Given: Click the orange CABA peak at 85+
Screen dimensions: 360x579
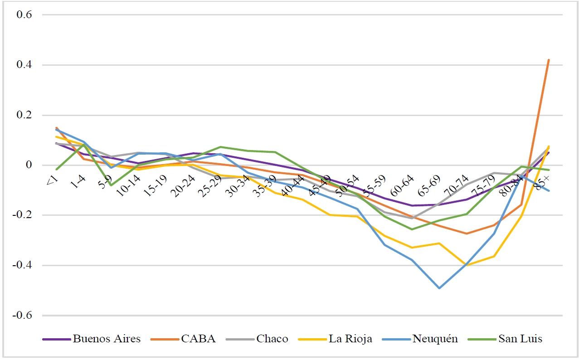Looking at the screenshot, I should tap(549, 59).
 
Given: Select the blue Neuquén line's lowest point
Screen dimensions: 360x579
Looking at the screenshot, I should tap(439, 288).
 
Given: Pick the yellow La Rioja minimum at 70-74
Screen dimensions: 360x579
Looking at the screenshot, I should tap(466, 266).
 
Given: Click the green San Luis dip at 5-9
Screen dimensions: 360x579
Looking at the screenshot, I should tap(111, 185).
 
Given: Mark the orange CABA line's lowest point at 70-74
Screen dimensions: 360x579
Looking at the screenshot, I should tap(466, 234).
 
